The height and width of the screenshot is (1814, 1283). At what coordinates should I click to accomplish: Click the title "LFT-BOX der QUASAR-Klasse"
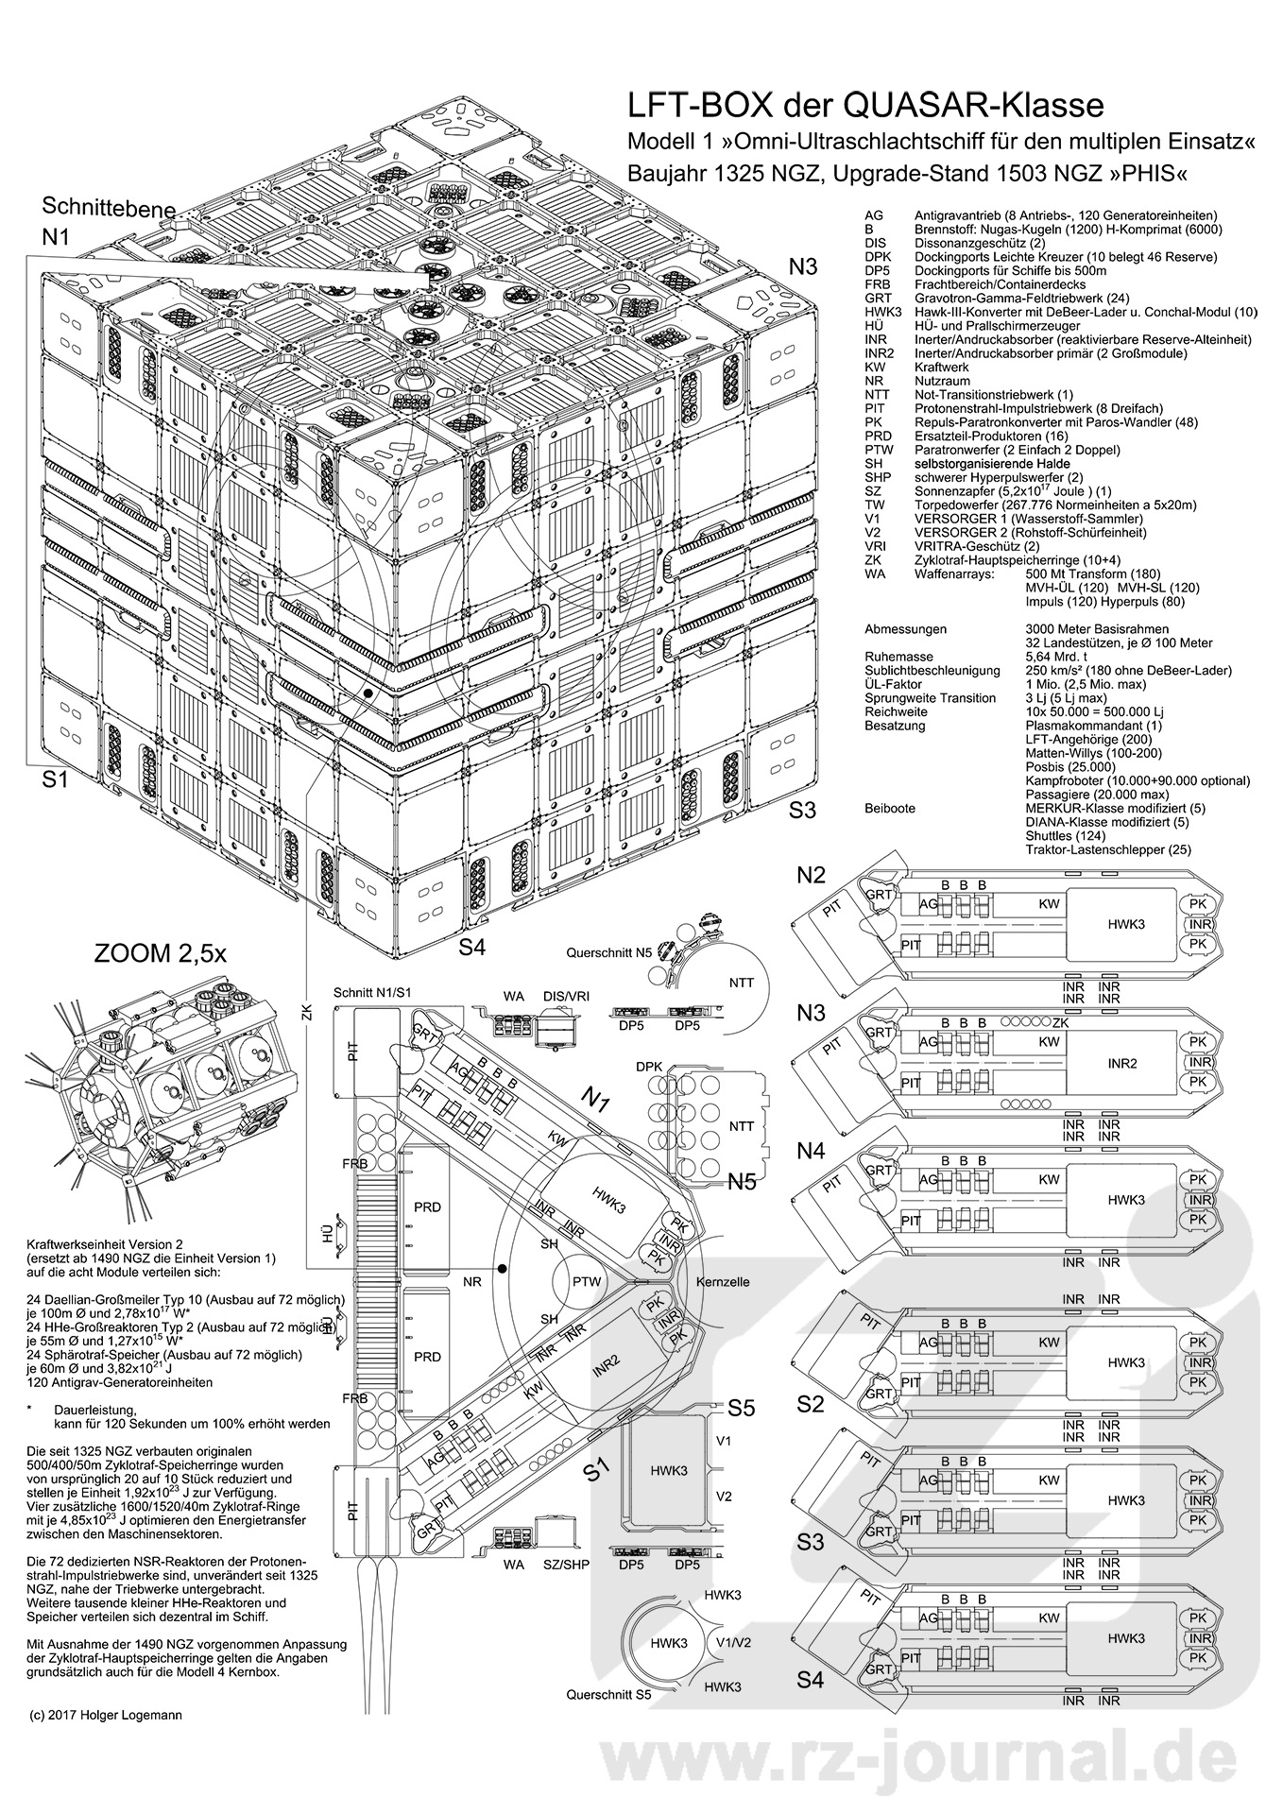click(x=866, y=103)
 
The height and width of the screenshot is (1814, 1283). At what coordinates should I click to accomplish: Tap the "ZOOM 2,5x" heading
click(x=160, y=953)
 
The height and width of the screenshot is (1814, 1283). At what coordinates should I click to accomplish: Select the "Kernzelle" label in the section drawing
click(x=722, y=1282)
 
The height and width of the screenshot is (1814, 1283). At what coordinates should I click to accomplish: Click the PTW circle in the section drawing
click(x=587, y=1282)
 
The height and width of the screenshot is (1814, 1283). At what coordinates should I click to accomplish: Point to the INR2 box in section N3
click(x=1120, y=1063)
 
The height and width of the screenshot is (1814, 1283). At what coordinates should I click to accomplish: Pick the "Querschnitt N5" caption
click(x=607, y=952)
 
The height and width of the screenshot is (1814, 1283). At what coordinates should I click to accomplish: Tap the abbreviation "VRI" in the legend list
click(x=874, y=546)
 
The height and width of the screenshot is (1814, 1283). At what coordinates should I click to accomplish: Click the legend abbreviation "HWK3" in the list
click(x=881, y=313)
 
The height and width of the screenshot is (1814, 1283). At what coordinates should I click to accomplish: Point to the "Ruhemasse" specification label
click(x=898, y=657)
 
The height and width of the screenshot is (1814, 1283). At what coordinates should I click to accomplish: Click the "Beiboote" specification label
click(x=890, y=809)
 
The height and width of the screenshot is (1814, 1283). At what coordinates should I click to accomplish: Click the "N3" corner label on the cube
click(x=803, y=266)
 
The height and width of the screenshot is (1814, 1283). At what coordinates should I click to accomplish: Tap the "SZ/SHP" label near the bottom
click(x=566, y=1565)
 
